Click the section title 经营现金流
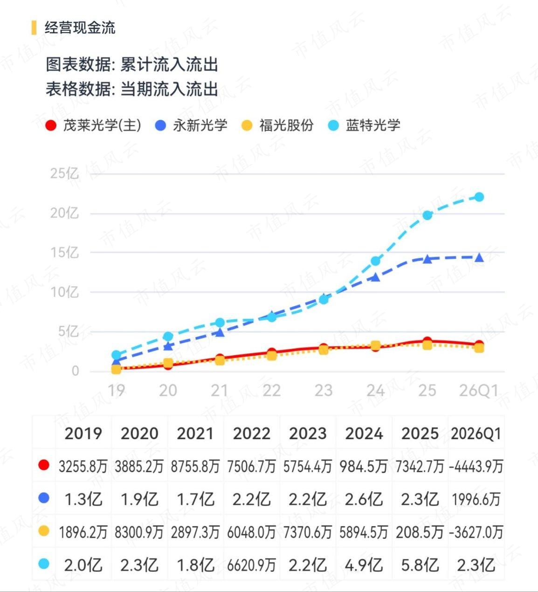tap(80, 28)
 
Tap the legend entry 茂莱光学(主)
tap(93, 125)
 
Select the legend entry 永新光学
tap(191, 125)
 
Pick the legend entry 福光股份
tap(277, 125)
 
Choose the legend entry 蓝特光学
tap(364, 125)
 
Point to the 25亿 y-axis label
tap(65, 173)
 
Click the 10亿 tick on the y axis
tap(65, 292)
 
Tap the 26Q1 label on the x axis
tap(479, 391)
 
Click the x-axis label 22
tap(272, 391)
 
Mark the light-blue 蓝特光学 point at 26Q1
tap(479, 197)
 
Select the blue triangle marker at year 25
tap(427, 259)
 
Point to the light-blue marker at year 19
tap(117, 355)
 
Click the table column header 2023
tap(308, 434)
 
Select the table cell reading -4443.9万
tap(476, 467)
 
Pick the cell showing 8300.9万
tap(139, 532)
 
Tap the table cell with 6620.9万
tap(251, 565)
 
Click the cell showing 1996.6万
tap(476, 499)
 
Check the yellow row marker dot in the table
tap(44, 531)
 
